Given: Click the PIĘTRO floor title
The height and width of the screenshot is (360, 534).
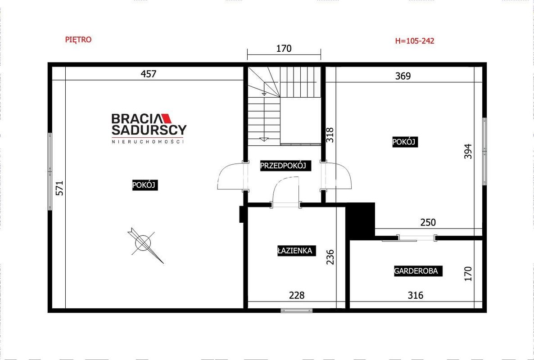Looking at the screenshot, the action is click(x=78, y=40).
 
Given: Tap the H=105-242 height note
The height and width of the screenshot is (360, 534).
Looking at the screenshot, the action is click(x=415, y=41).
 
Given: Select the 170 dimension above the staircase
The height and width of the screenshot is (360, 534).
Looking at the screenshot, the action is click(x=284, y=49).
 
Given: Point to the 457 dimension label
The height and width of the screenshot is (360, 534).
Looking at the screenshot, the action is click(x=149, y=74).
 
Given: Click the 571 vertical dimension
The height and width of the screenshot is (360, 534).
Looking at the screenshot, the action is click(x=59, y=188).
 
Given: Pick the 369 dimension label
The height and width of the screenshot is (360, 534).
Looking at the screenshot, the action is click(x=403, y=76).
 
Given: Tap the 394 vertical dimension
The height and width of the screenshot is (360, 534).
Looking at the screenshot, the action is click(x=469, y=151).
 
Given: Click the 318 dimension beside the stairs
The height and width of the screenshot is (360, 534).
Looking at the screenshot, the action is click(x=330, y=135).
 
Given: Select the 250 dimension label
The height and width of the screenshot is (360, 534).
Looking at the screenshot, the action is click(x=428, y=222).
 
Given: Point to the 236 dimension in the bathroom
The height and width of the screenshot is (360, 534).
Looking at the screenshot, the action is click(x=330, y=257).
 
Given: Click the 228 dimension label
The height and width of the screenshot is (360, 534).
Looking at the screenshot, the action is click(x=297, y=295).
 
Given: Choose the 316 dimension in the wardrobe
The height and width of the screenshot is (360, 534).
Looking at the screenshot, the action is click(x=416, y=295).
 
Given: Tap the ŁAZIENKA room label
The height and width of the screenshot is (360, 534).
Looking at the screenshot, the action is click(x=294, y=251).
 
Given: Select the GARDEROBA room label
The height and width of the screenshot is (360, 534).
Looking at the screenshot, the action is click(x=418, y=271).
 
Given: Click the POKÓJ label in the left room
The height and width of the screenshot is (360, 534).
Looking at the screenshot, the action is click(x=145, y=185).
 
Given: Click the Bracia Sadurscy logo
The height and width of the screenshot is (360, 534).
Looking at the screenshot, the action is click(x=149, y=128).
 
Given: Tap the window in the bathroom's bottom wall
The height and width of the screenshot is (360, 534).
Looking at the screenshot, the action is click(x=297, y=310).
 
